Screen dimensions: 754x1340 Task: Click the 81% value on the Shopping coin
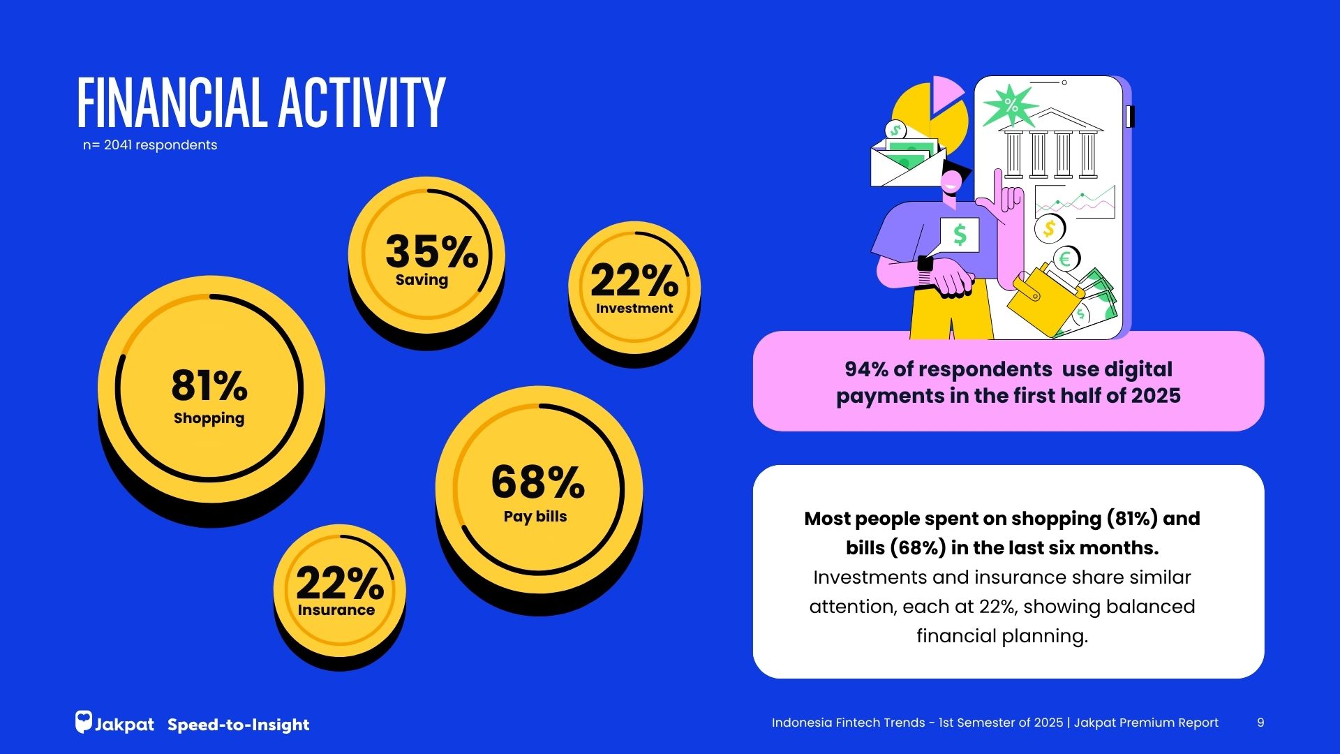pyautogui.click(x=209, y=385)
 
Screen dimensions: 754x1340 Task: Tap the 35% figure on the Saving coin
pyautogui.click(x=431, y=251)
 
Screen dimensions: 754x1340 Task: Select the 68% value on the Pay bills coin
pyautogui.click(x=537, y=482)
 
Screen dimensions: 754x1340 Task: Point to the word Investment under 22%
pyautogui.click(x=634, y=308)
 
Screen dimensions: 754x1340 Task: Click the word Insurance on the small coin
pyautogui.click(x=336, y=610)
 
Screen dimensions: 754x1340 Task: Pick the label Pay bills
pyautogui.click(x=535, y=517)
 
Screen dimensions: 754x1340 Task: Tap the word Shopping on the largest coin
pyautogui.click(x=209, y=418)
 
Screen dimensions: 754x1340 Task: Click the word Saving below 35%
pyautogui.click(x=422, y=280)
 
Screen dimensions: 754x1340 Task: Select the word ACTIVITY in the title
pyautogui.click(x=362, y=103)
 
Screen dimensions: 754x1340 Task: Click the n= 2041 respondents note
pyautogui.click(x=150, y=145)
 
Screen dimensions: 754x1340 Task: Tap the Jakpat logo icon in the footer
pyautogui.click(x=84, y=722)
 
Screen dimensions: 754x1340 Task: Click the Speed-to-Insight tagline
pyautogui.click(x=239, y=725)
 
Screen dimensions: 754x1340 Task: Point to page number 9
pyautogui.click(x=1260, y=723)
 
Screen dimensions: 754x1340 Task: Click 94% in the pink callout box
pyautogui.click(x=864, y=369)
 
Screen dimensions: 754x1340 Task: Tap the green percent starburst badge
pyautogui.click(x=1010, y=105)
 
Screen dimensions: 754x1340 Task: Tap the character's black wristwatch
pyautogui.click(x=925, y=265)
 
